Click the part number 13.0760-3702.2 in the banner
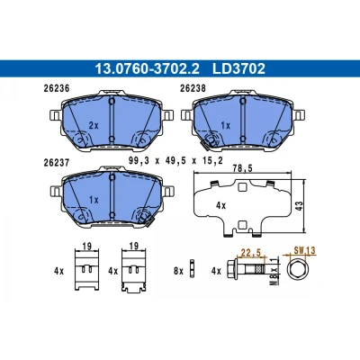[x=147, y=68]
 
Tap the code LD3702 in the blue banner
[x=238, y=68]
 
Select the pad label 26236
[x=57, y=88]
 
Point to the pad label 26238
[x=193, y=88]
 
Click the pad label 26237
[x=57, y=163]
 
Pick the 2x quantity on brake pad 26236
[x=94, y=125]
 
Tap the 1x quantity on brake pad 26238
[x=225, y=125]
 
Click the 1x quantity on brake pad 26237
[x=94, y=200]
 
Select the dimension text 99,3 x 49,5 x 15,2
[x=175, y=161]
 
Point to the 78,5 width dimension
[x=242, y=168]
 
